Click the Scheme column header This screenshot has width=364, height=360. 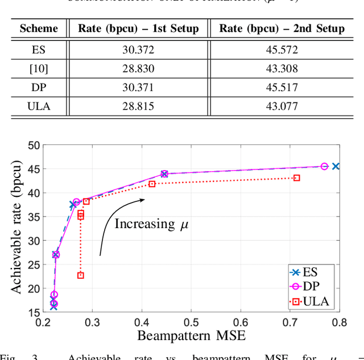39,28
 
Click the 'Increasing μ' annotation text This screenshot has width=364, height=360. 151,224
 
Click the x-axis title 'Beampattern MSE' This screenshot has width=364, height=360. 191,336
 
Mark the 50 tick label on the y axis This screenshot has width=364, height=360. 34,145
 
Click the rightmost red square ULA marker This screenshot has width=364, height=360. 297,178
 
